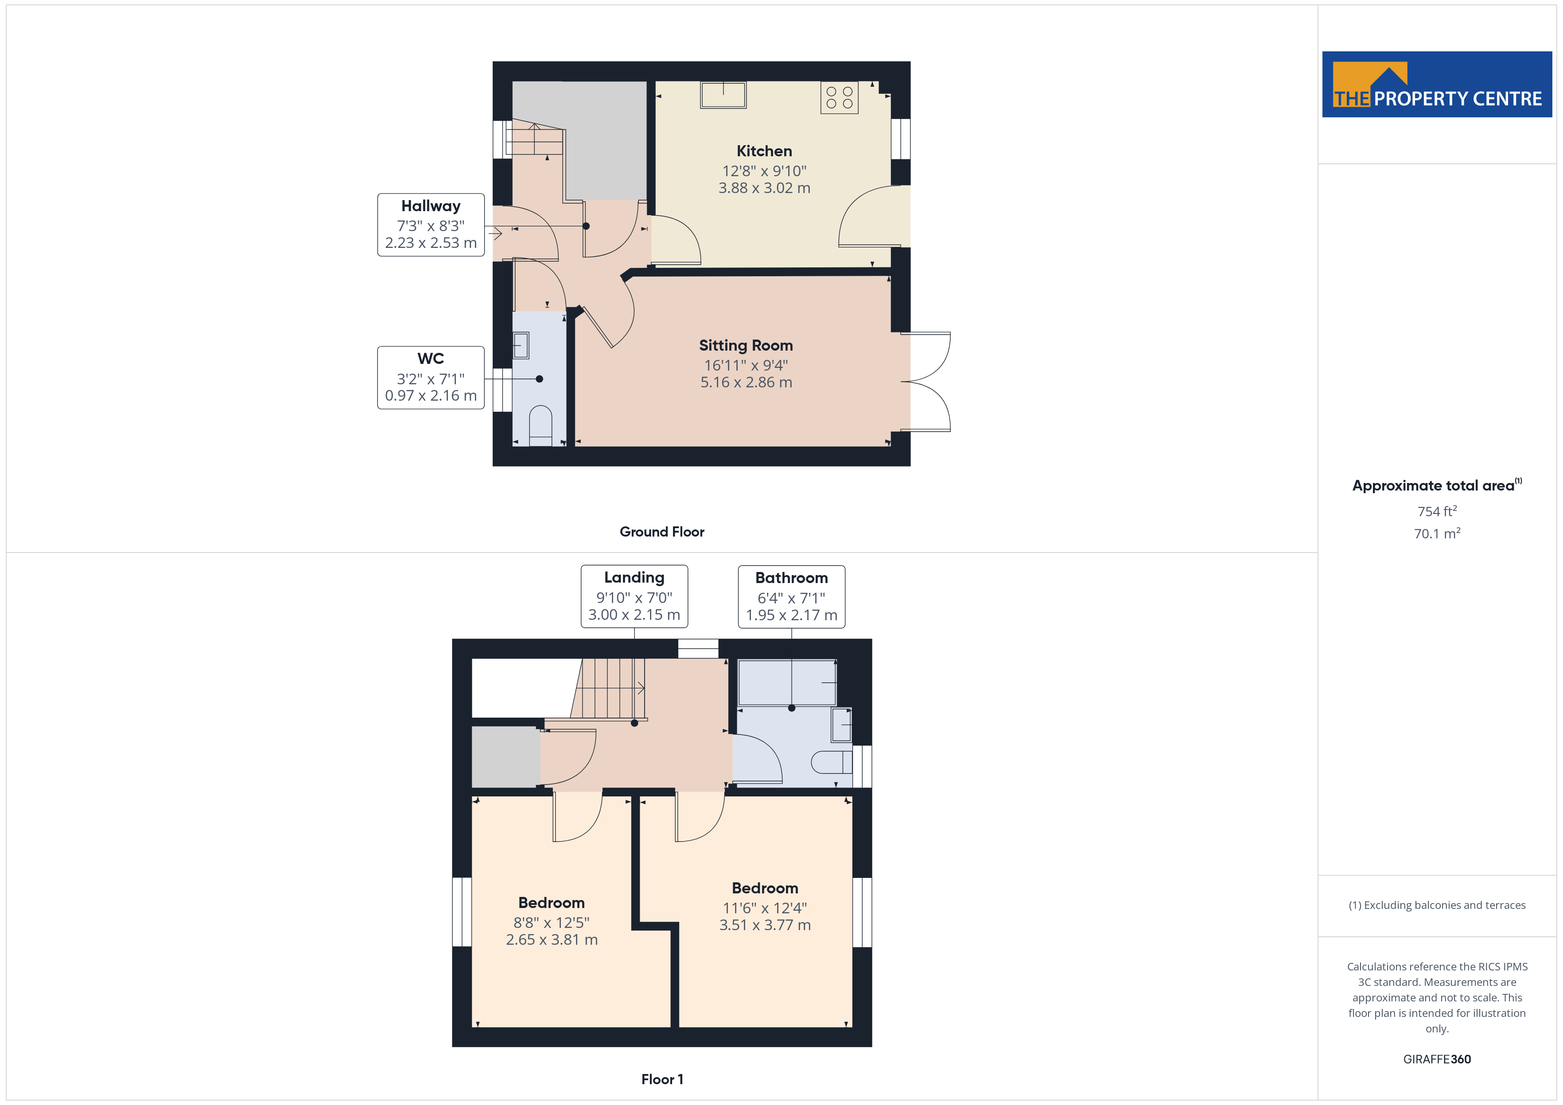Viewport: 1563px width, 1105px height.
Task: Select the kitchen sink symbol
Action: click(723, 95)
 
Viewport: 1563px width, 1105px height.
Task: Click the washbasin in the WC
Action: click(521, 345)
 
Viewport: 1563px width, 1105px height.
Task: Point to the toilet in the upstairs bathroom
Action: click(831, 762)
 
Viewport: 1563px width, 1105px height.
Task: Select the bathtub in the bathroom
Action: click(787, 683)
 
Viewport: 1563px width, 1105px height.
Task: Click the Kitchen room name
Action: click(764, 151)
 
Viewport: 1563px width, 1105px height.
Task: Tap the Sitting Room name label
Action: click(746, 346)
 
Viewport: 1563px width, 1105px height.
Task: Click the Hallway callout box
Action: click(431, 224)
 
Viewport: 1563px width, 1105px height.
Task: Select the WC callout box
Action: click(431, 378)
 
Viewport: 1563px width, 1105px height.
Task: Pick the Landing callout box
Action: click(634, 596)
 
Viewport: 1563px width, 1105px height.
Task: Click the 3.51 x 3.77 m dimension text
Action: click(765, 925)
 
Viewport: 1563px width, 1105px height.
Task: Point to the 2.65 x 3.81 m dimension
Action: click(552, 940)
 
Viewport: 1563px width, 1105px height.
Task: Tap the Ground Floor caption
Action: click(662, 532)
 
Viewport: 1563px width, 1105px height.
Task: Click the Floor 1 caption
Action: click(662, 1079)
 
